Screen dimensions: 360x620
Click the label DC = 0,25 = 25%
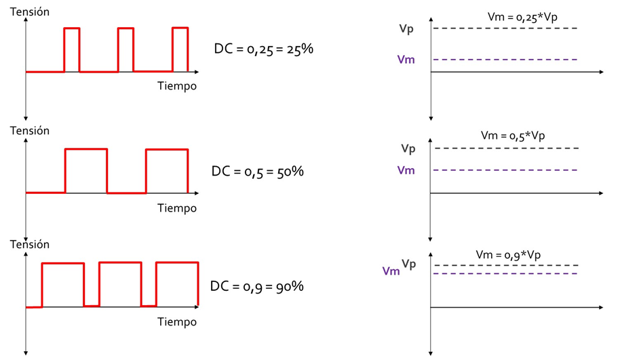pyautogui.click(x=263, y=49)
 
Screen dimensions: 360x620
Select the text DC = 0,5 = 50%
pyautogui.click(x=257, y=172)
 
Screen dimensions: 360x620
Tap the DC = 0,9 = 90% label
pyautogui.click(x=257, y=286)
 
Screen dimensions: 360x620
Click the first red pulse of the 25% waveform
pyautogui.click(x=72, y=49)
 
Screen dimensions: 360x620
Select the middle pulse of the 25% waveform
pyautogui.click(x=125, y=49)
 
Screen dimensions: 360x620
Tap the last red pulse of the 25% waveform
pyautogui.click(x=180, y=49)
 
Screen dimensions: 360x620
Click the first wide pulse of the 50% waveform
pyautogui.click(x=86, y=170)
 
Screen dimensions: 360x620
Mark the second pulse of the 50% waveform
pyautogui.click(x=167, y=170)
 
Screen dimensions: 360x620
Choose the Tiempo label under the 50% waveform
pyautogui.click(x=177, y=208)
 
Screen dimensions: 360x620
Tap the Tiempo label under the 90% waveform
pyautogui.click(x=177, y=321)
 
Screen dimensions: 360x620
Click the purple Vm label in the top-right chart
pyautogui.click(x=406, y=60)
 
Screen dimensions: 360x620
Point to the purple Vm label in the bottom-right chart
pyautogui.click(x=391, y=271)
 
